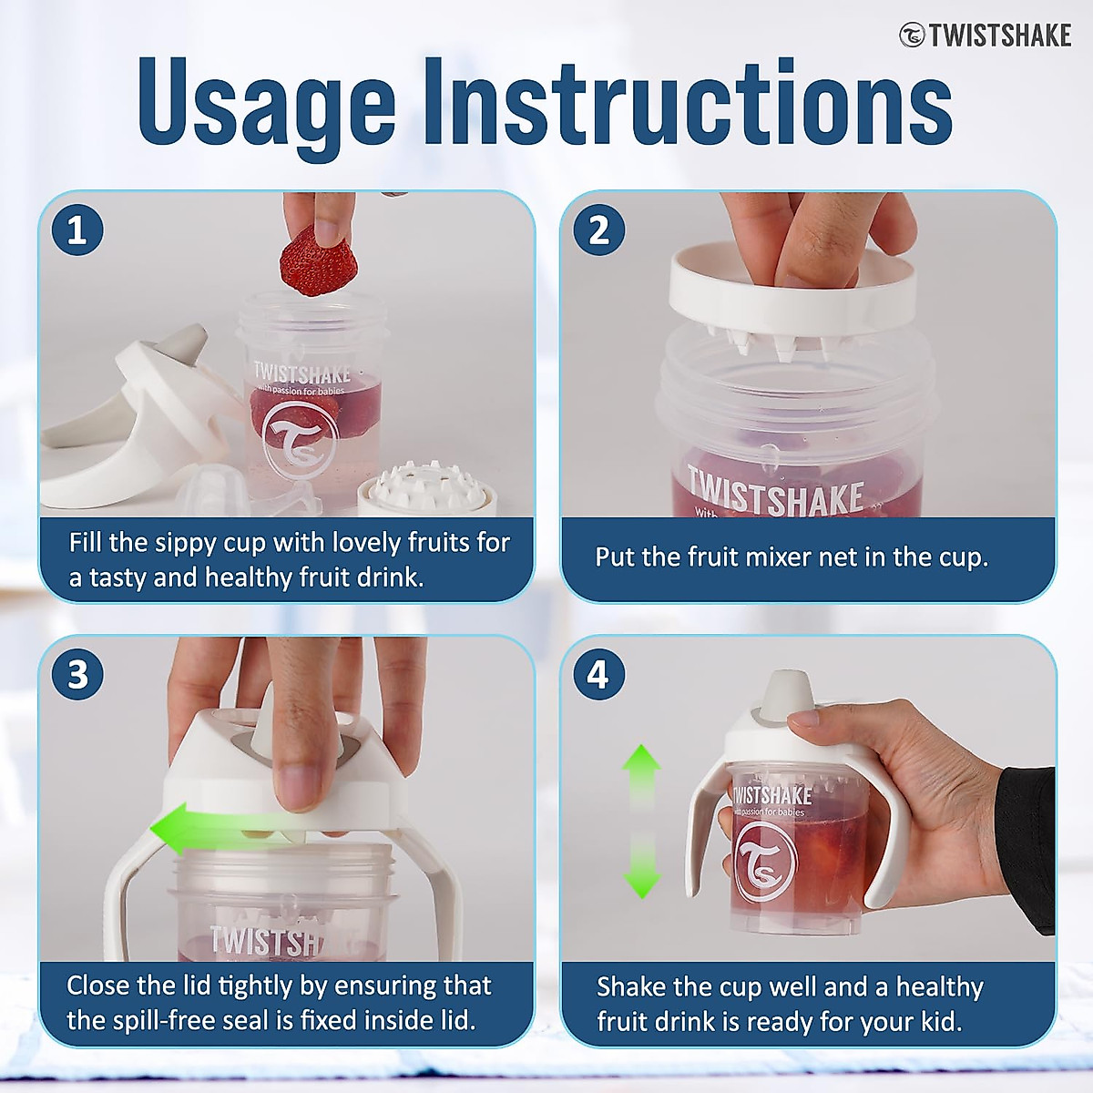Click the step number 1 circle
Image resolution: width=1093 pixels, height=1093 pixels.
[77, 230]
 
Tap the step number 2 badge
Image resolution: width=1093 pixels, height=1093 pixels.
[599, 230]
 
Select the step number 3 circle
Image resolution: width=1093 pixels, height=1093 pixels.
[77, 674]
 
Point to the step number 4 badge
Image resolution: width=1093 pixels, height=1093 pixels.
[599, 674]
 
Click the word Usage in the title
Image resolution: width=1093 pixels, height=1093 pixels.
[267, 105]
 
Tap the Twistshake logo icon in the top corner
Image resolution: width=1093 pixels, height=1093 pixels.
[912, 36]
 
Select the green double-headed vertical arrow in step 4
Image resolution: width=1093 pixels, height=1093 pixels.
[641, 822]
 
